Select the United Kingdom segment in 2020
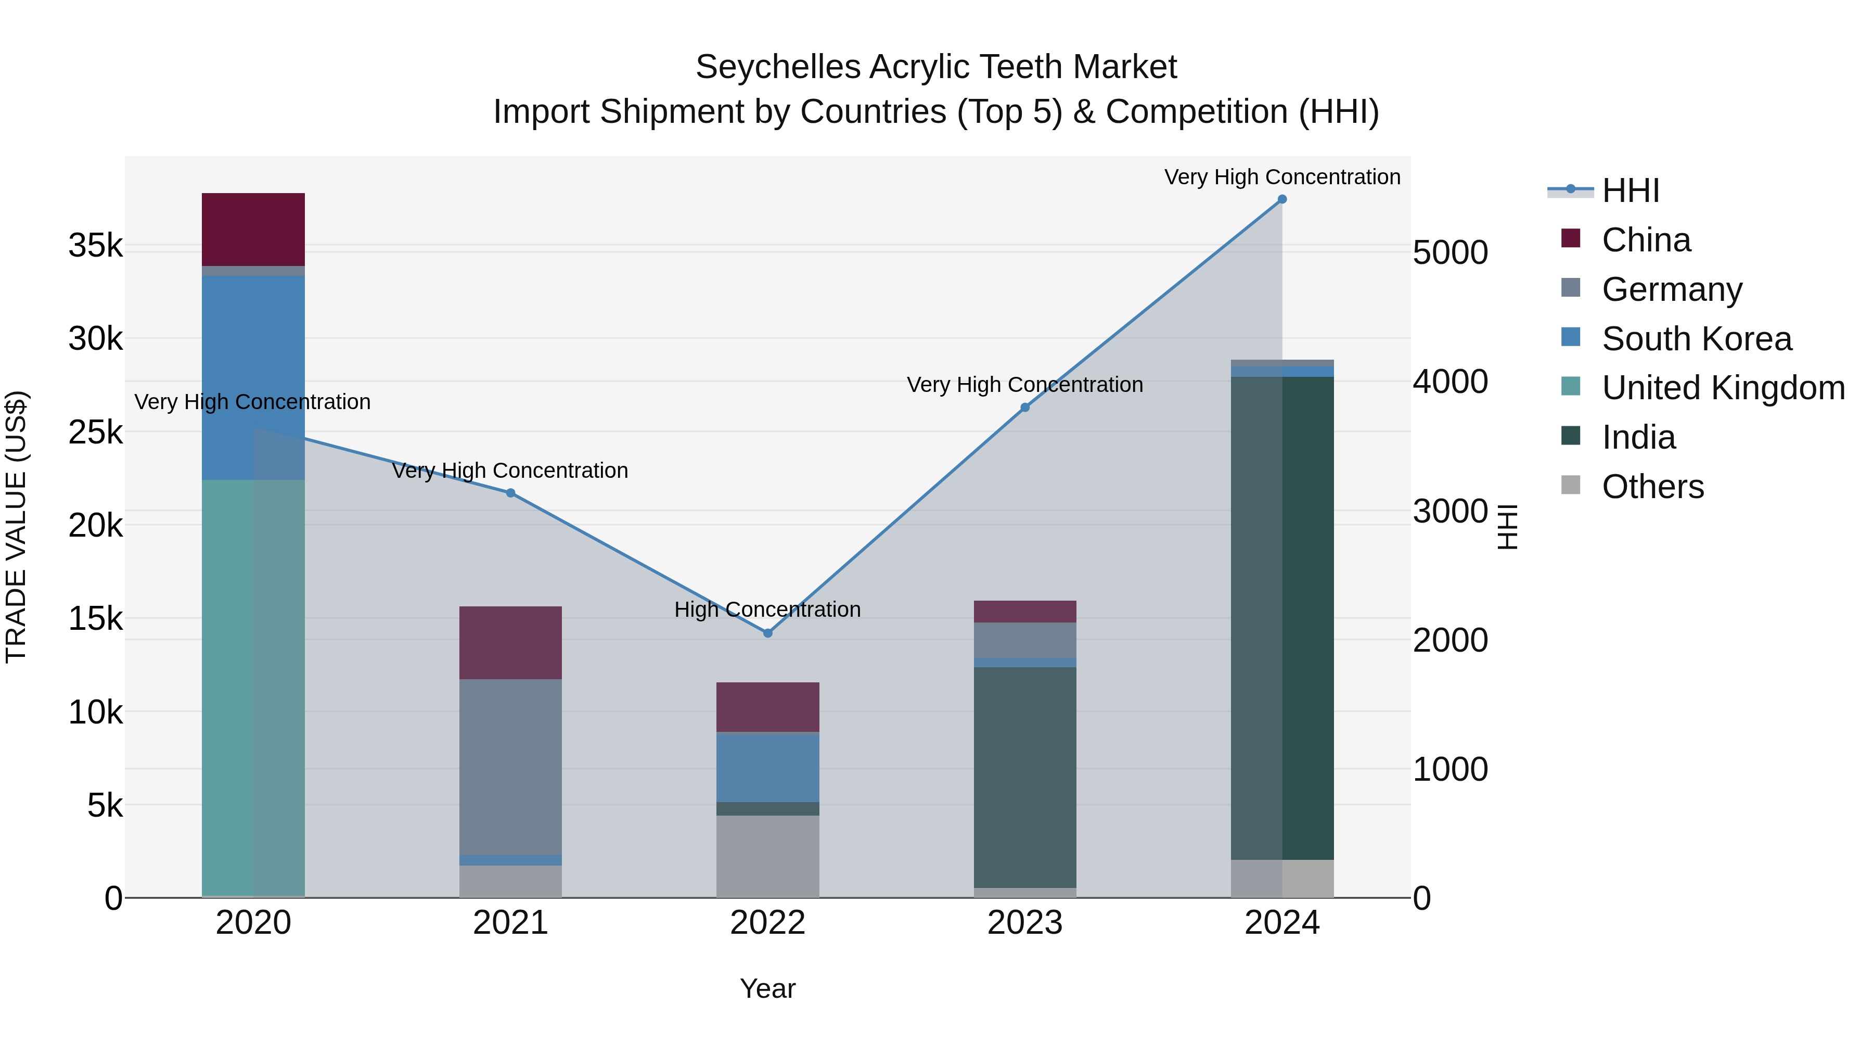pyautogui.click(x=253, y=688)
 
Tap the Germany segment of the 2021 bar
pyautogui.click(x=510, y=767)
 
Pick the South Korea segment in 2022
pyautogui.click(x=768, y=767)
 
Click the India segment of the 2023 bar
pyautogui.click(x=1025, y=777)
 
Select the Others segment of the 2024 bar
pyautogui.click(x=1282, y=879)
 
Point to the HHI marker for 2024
pyautogui.click(x=1282, y=199)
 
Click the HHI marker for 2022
pyautogui.click(x=768, y=633)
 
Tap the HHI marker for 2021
pyautogui.click(x=510, y=493)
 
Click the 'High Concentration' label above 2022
pyautogui.click(x=768, y=609)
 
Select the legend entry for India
pyautogui.click(x=1639, y=437)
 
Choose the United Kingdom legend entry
pyautogui.click(x=1723, y=388)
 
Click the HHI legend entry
pyautogui.click(x=1630, y=191)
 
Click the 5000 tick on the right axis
pyautogui.click(x=1450, y=253)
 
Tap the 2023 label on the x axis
pyautogui.click(x=1025, y=923)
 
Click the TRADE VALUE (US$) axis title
pyautogui.click(x=16, y=527)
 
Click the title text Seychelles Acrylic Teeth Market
pyautogui.click(x=936, y=67)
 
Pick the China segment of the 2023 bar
pyautogui.click(x=1025, y=612)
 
